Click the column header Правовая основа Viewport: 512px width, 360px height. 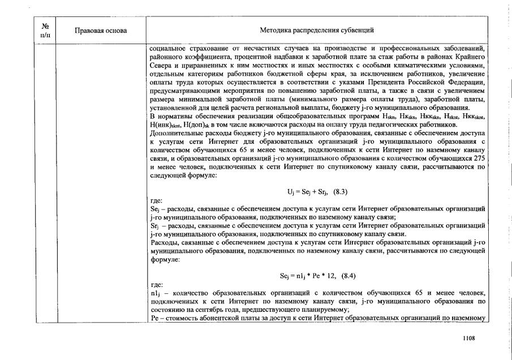pos(101,30)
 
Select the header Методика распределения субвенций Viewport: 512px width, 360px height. pos(317,30)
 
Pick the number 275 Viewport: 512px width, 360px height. pos(480,160)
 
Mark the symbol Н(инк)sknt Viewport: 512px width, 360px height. pos(165,123)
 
